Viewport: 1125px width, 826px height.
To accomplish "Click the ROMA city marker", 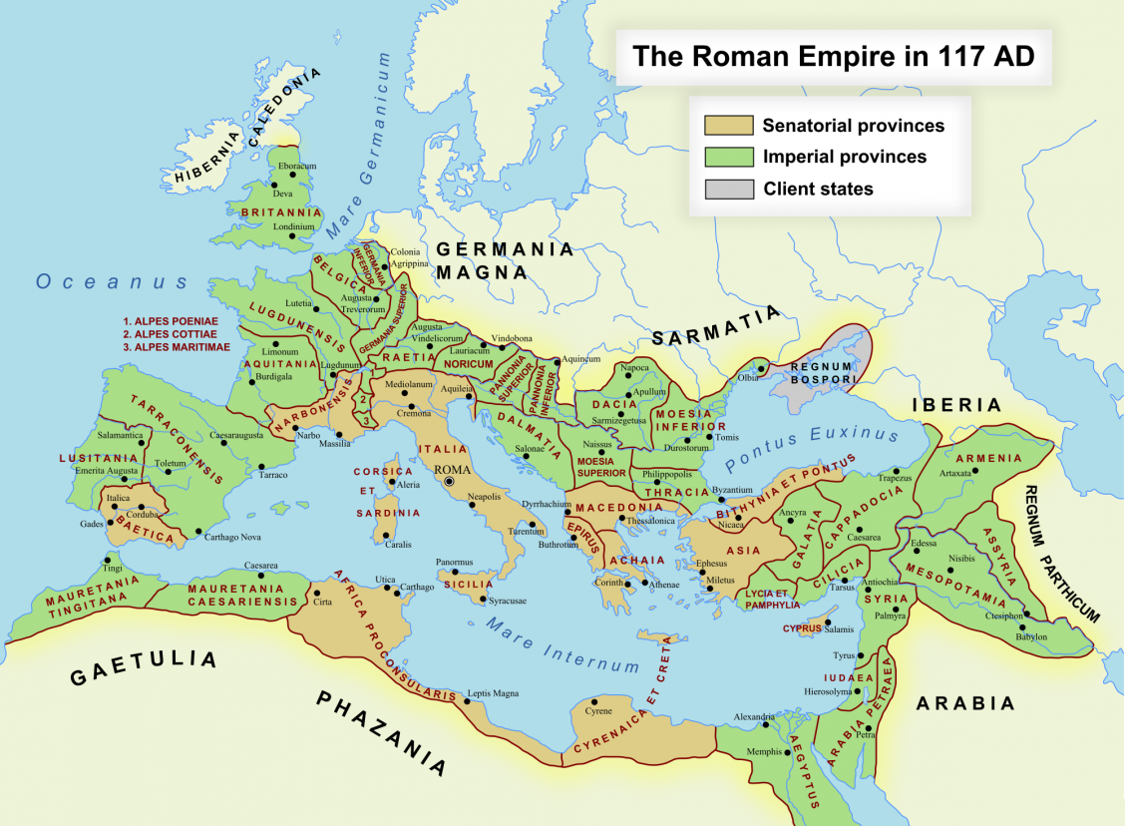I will pyautogui.click(x=450, y=482).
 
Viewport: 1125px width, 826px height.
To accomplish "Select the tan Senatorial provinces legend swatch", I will pyautogui.click(x=729, y=126).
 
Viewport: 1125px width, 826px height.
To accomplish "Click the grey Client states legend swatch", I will pyautogui.click(x=729, y=189).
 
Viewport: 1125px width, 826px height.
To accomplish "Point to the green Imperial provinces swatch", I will pyautogui.click(x=729, y=157).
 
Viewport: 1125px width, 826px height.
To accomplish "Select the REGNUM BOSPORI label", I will pyautogui.click(x=822, y=373).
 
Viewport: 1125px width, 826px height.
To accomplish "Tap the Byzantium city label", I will pyautogui.click(x=733, y=490).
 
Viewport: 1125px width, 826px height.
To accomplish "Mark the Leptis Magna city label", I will pyautogui.click(x=494, y=693).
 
